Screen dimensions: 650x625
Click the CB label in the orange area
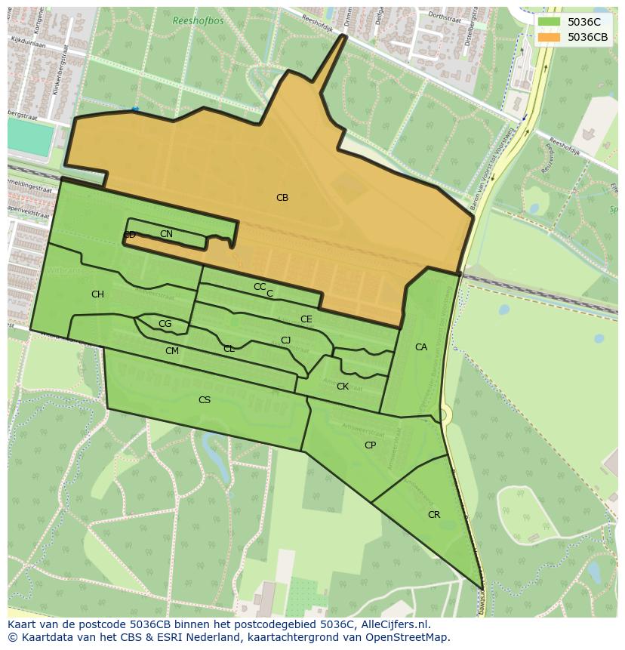pyautogui.click(x=282, y=198)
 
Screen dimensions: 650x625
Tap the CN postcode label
pyautogui.click(x=166, y=234)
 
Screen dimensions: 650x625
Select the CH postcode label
pyautogui.click(x=97, y=294)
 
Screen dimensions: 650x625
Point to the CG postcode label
pyautogui.click(x=165, y=324)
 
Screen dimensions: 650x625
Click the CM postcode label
pyautogui.click(x=171, y=351)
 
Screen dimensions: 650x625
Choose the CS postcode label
pyautogui.click(x=204, y=400)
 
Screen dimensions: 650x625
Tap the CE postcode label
pyautogui.click(x=306, y=319)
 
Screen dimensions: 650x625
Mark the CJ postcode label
pyautogui.click(x=285, y=340)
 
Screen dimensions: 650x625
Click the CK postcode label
pyautogui.click(x=342, y=387)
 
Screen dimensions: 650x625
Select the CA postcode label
pyautogui.click(x=420, y=347)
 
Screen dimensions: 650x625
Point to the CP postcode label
pyautogui.click(x=370, y=445)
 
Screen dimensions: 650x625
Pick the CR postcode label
pyautogui.click(x=433, y=515)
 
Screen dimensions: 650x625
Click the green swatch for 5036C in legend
pyautogui.click(x=549, y=22)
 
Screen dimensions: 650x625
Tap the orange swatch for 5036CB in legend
pyautogui.click(x=549, y=37)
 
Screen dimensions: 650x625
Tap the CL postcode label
pyautogui.click(x=229, y=349)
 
